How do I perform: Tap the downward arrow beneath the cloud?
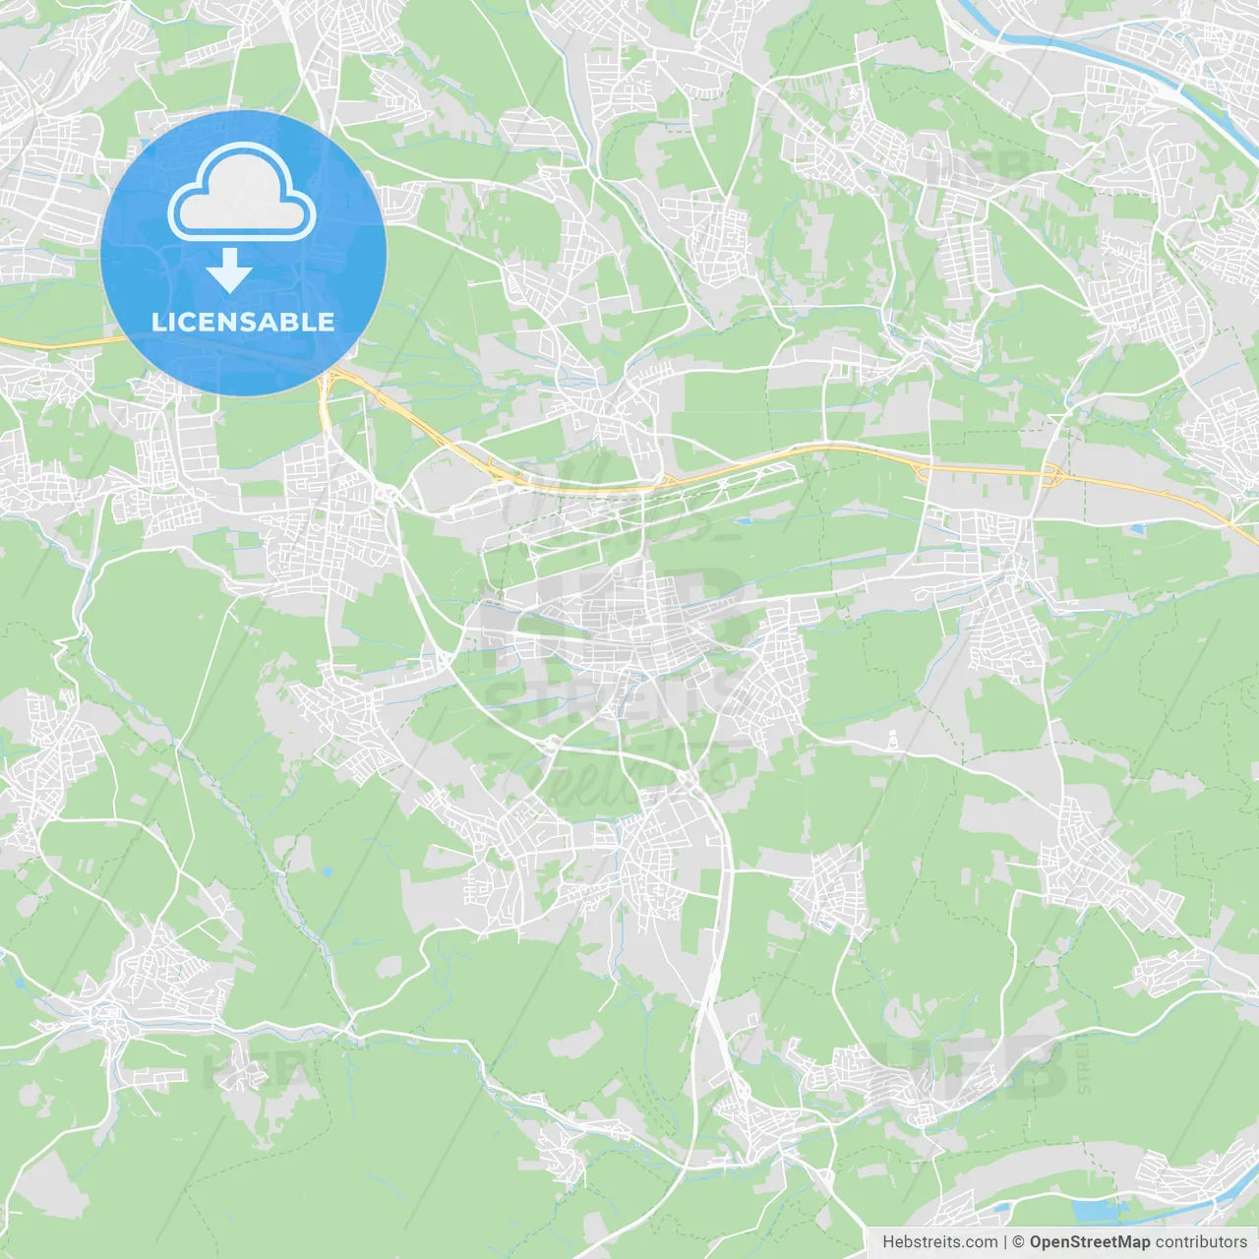click(x=229, y=270)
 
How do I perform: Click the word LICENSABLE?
click(x=243, y=322)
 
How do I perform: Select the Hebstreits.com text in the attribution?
click(x=939, y=1241)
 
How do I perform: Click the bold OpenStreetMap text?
click(x=1090, y=1241)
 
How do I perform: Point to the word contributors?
click(x=1201, y=1241)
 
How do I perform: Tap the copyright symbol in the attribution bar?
click(x=1019, y=1241)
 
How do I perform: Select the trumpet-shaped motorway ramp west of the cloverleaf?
click(x=923, y=469)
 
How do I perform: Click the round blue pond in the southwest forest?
click(x=325, y=871)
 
